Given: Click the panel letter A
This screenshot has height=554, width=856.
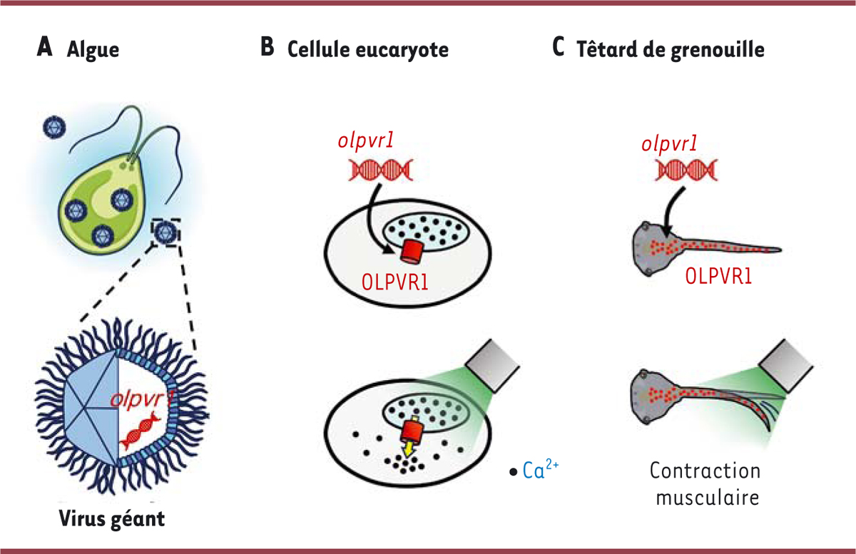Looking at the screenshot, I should pos(45,48).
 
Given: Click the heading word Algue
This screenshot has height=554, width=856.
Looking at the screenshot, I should pos(93,50).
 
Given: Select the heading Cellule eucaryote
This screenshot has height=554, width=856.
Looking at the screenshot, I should pos(367,50).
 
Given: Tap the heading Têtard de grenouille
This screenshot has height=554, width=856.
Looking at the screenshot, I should pos(670,50).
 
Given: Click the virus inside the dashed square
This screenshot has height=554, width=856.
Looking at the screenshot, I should pos(165,232).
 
